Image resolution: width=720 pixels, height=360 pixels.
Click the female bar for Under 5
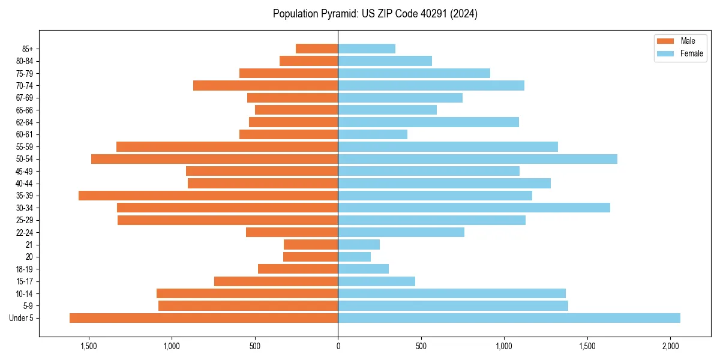pyautogui.click(x=509, y=318)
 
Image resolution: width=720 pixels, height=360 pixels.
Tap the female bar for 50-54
pyautogui.click(x=478, y=159)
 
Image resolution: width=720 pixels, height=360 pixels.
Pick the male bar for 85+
pyautogui.click(x=317, y=49)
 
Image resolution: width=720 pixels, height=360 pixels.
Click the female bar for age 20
pyautogui.click(x=355, y=257)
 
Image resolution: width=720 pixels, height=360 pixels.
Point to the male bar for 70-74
pyautogui.click(x=266, y=85)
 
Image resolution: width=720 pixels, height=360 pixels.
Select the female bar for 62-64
pyautogui.click(x=428, y=122)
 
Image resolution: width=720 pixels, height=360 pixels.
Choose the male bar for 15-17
pyautogui.click(x=276, y=281)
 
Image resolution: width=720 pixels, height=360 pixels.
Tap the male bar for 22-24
pyautogui.click(x=292, y=232)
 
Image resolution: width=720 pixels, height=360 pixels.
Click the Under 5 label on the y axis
pyautogui.click(x=22, y=318)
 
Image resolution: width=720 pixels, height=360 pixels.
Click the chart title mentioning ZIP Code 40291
pyautogui.click(x=375, y=14)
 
